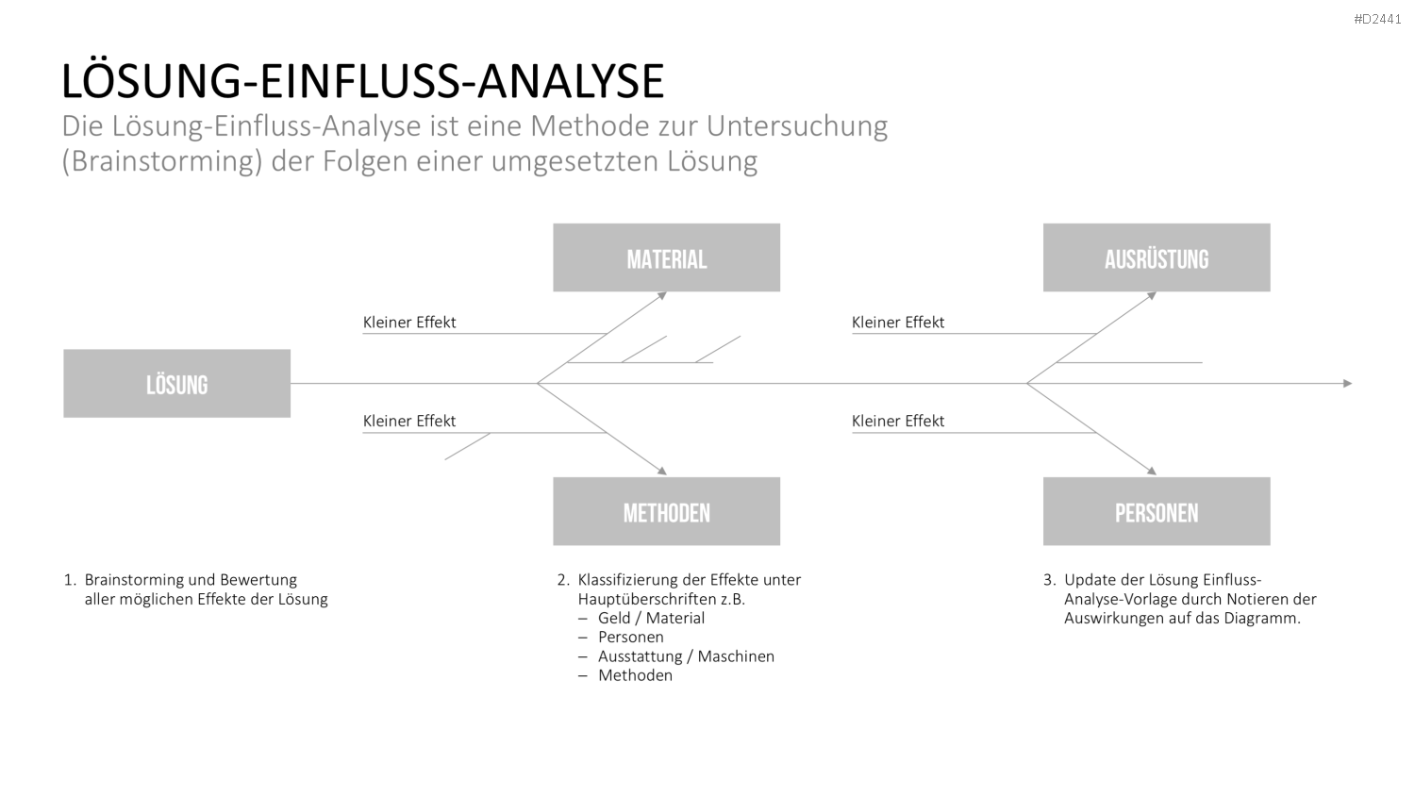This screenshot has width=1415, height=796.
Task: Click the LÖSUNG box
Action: (x=177, y=384)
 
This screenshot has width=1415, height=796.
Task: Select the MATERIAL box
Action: (x=666, y=257)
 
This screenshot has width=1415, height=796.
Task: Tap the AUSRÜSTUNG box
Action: (x=1157, y=257)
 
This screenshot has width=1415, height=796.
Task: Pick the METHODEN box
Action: (x=666, y=511)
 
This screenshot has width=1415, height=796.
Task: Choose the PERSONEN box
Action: (x=1157, y=511)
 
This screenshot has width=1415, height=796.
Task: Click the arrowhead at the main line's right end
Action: (x=1347, y=384)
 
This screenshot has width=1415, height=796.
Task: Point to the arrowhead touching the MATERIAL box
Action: (x=662, y=295)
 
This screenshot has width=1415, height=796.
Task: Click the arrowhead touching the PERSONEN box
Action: (x=1152, y=471)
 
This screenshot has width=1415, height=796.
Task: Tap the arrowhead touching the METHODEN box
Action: (x=662, y=471)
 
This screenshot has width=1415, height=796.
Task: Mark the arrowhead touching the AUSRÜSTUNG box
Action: (x=1152, y=295)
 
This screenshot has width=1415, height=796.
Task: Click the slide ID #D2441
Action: (x=1377, y=20)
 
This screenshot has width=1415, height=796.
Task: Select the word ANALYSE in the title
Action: (x=571, y=81)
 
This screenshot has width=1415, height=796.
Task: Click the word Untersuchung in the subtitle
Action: (x=796, y=125)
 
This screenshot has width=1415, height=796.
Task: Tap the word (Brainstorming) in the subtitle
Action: (x=161, y=161)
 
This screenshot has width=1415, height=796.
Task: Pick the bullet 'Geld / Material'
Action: (x=651, y=618)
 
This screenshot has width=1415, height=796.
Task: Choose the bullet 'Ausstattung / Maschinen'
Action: (x=686, y=656)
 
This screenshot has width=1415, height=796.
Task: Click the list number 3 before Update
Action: (x=1049, y=580)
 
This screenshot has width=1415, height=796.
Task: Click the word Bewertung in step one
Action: (x=258, y=580)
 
